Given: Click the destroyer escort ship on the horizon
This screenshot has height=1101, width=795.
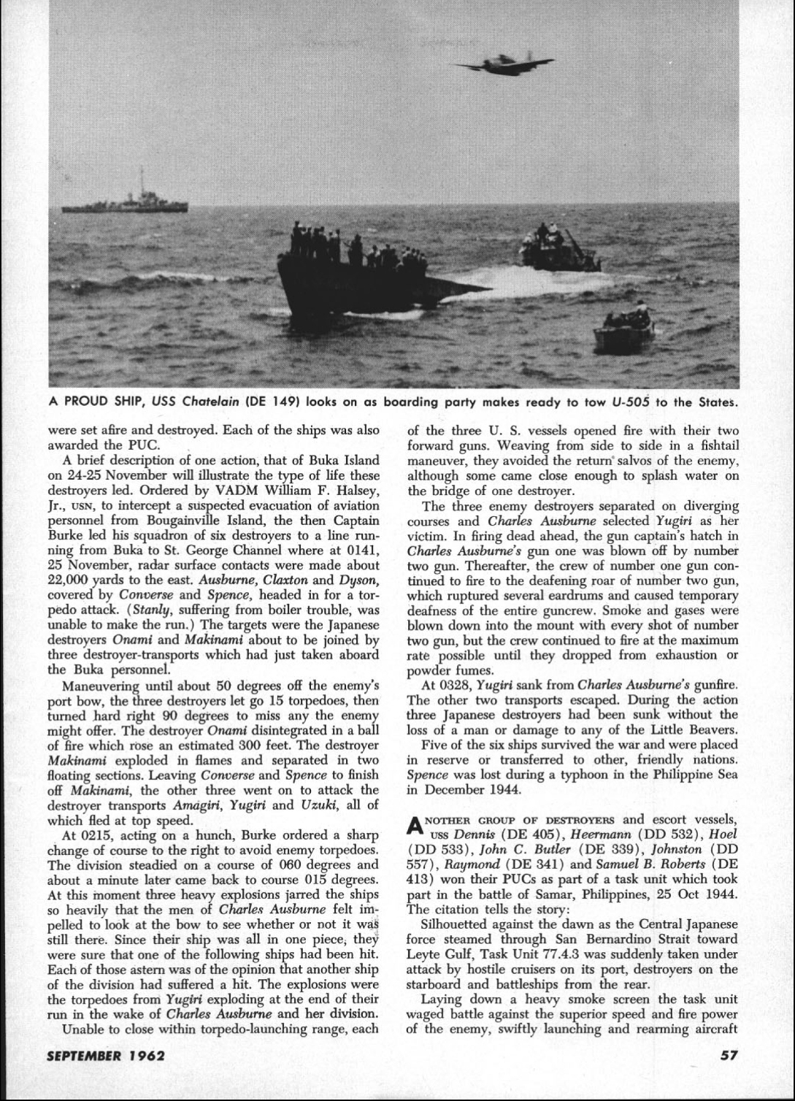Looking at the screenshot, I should coord(126,202).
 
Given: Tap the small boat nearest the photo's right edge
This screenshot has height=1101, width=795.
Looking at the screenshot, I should coord(624,332).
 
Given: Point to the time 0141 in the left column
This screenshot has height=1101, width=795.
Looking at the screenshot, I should coord(362,567).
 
